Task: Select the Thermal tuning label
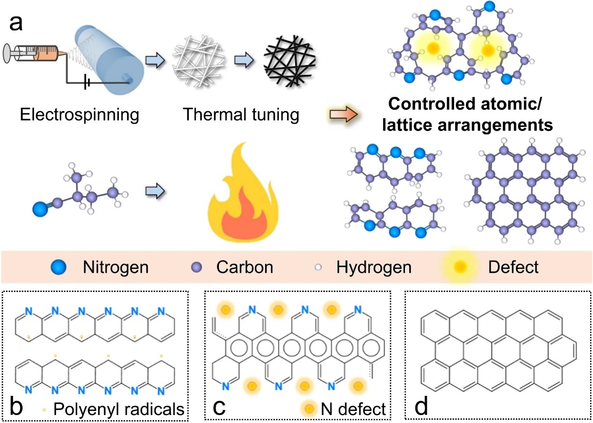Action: point(241,114)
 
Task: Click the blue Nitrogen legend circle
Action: point(61,267)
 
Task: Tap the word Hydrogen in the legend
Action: point(374,267)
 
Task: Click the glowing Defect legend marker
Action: point(461,267)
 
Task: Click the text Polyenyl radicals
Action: point(118,409)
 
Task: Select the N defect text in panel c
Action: point(354,409)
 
